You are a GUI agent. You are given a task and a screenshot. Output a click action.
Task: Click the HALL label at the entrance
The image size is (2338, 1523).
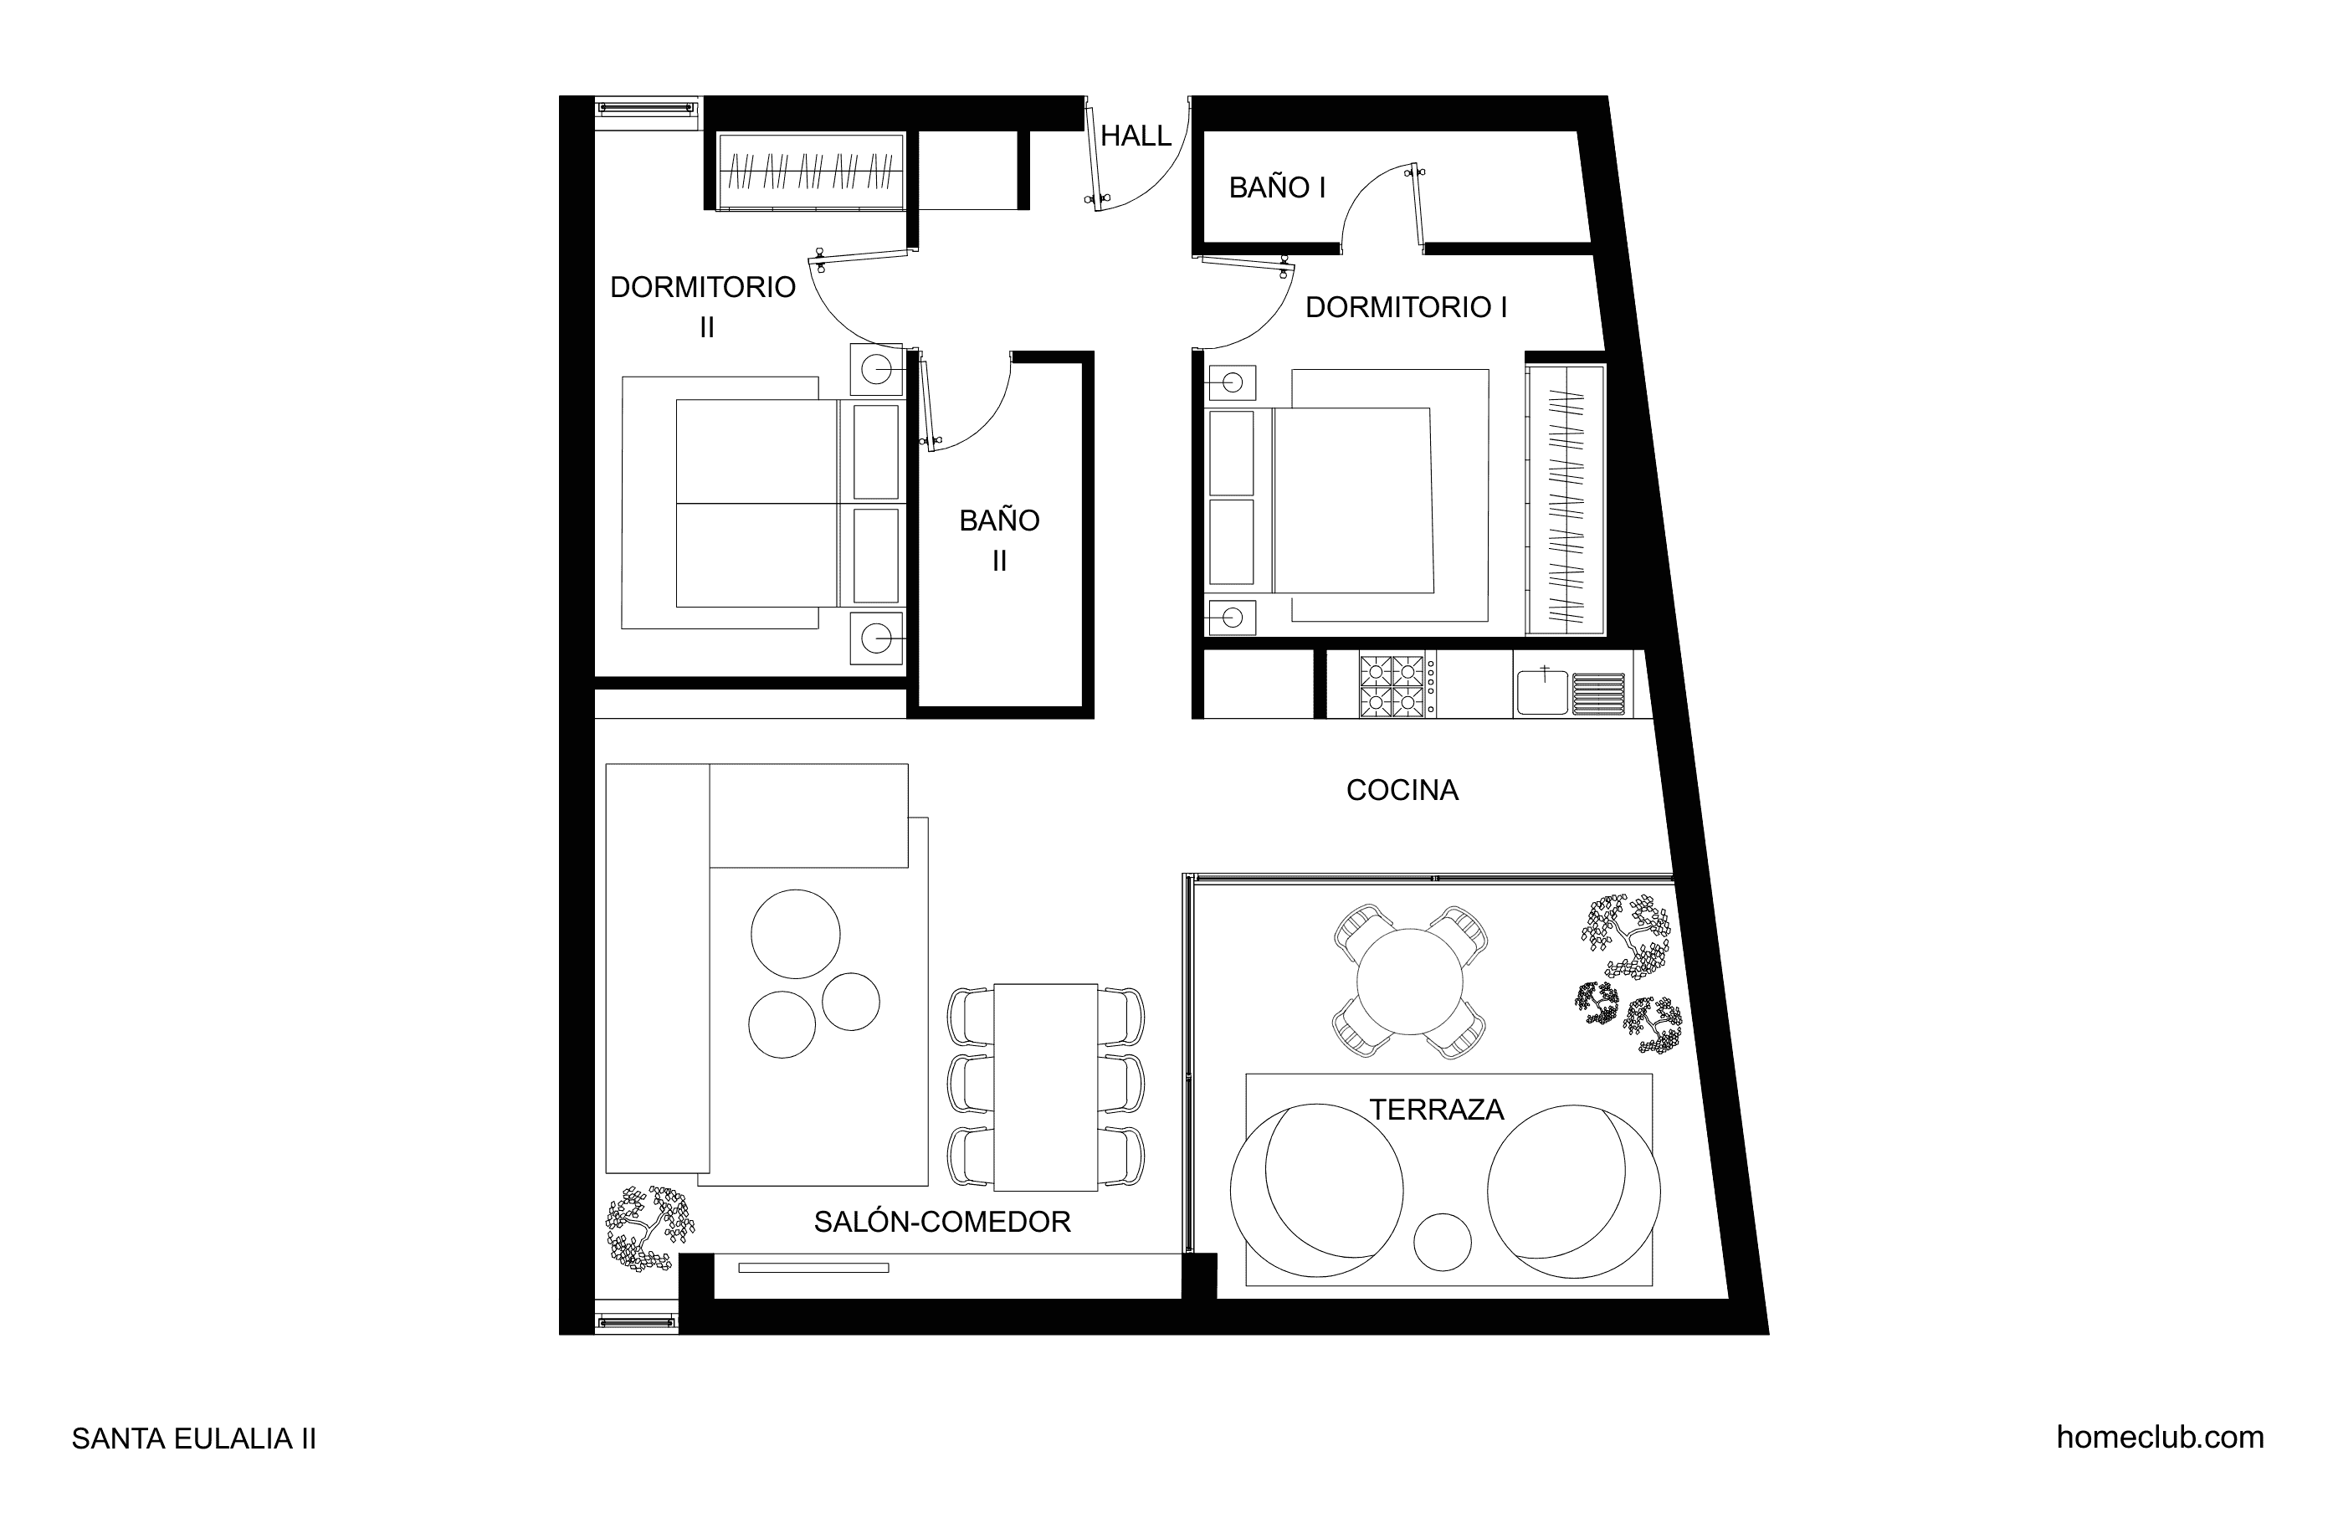pos(1136,136)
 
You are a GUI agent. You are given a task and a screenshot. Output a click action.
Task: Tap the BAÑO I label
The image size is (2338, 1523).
pos(1277,187)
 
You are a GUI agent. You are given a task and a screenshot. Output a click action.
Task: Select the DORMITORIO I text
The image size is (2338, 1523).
pos(1406,308)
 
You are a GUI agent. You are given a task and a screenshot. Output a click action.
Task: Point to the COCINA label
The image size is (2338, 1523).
pos(1402,790)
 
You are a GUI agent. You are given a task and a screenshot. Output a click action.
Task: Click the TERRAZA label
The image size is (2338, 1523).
pos(1436,1110)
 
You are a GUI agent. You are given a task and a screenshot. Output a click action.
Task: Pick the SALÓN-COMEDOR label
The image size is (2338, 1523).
pos(942,1222)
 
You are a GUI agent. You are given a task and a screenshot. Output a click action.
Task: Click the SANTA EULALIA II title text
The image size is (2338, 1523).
pos(193,1439)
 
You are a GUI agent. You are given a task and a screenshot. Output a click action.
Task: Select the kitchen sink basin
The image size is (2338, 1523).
pos(1542,690)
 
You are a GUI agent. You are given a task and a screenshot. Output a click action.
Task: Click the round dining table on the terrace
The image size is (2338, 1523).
pos(1410,982)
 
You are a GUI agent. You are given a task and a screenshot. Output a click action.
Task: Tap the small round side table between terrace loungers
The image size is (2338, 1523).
pos(1442,1242)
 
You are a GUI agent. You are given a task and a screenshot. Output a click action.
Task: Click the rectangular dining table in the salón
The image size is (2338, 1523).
pos(1045,1088)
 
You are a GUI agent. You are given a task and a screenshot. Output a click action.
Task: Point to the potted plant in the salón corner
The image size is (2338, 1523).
pos(649,1228)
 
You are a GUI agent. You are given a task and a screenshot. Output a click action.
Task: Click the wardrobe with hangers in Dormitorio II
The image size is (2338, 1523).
pos(812,171)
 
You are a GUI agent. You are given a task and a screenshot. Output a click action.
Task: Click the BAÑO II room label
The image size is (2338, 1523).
pos(999,541)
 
